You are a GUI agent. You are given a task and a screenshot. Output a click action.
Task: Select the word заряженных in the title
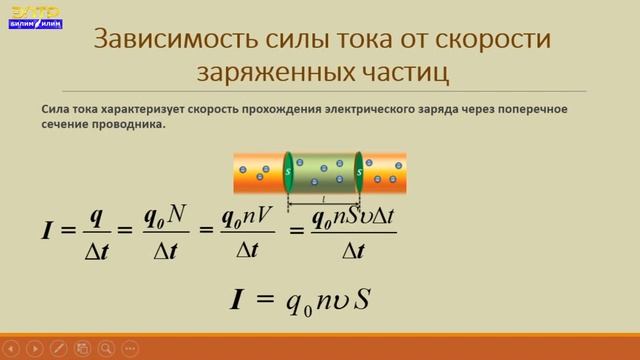pos(282,73)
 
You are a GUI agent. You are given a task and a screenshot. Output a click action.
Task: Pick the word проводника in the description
pos(126,125)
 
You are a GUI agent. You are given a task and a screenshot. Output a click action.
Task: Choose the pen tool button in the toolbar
pos(59,348)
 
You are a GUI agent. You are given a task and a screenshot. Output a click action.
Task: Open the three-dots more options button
pos(151,348)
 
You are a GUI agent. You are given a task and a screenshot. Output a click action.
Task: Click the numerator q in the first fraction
pos(97,215)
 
